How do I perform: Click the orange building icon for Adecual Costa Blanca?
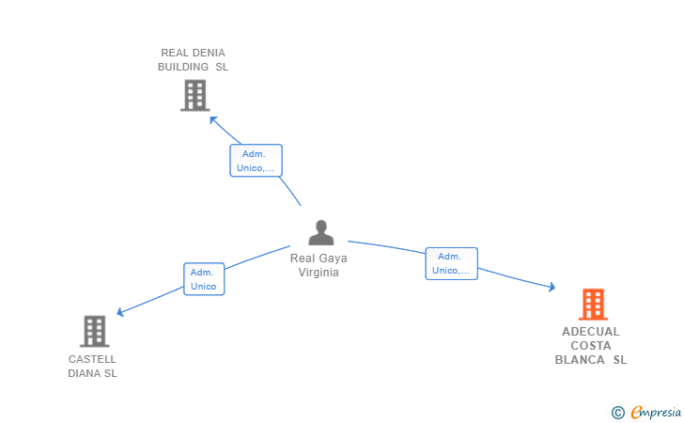593,305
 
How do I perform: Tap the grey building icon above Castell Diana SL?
95,331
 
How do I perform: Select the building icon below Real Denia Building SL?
195,95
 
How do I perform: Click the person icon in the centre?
321,233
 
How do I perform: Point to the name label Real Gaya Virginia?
319,265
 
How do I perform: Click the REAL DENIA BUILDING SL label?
193,60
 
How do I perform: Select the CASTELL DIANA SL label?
92,367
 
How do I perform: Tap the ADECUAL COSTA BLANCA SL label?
591,345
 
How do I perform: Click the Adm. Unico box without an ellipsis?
204,279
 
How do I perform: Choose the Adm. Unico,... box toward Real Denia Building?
256,161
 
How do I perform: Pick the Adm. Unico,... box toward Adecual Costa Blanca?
452,263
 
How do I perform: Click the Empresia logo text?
656,412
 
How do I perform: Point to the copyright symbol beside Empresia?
617,413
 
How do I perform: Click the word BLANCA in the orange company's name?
580,360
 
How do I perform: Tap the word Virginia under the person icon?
319,273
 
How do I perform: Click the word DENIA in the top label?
209,53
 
